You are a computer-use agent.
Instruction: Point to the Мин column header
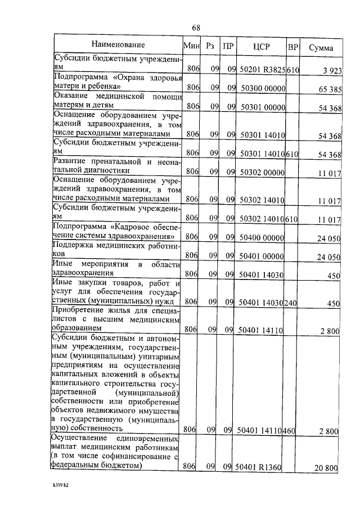[x=190, y=46]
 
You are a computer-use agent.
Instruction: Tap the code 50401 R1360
[x=258, y=466]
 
